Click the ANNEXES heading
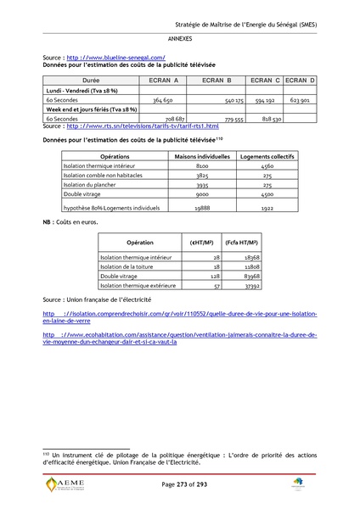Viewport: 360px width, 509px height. [179, 39]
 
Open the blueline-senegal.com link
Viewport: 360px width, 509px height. [115, 58]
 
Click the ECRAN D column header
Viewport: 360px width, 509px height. [300, 80]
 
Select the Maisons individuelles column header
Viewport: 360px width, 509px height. [197, 157]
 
